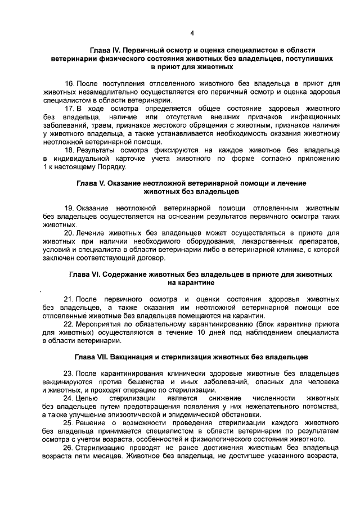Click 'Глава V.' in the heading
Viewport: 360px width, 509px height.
(93, 183)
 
